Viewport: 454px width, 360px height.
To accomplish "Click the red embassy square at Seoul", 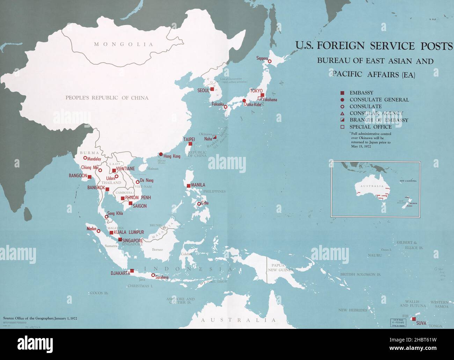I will coord(212,89).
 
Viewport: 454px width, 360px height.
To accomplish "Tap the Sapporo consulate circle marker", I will coord(270,61).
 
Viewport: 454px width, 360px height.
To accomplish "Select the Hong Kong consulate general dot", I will coord(161,154).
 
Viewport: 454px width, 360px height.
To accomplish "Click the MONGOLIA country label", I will coord(124,44).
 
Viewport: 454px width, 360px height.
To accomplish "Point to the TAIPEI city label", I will coord(189,139).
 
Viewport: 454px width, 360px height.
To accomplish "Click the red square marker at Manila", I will coord(189,186).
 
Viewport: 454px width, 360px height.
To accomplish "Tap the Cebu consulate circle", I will coord(199,204).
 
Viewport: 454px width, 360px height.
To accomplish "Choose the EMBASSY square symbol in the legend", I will coord(343,93).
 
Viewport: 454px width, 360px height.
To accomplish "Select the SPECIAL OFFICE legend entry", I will coord(371,127).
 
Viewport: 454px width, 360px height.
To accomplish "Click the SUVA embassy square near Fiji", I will coord(413,319).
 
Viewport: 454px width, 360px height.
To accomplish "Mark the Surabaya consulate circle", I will coord(153,275).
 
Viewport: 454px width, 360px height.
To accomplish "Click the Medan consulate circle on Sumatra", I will coord(98,231).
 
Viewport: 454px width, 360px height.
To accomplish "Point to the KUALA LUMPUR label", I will coord(129,232).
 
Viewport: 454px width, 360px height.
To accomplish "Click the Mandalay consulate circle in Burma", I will coord(85,158).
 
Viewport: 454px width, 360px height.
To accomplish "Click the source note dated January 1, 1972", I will coord(40,318).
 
